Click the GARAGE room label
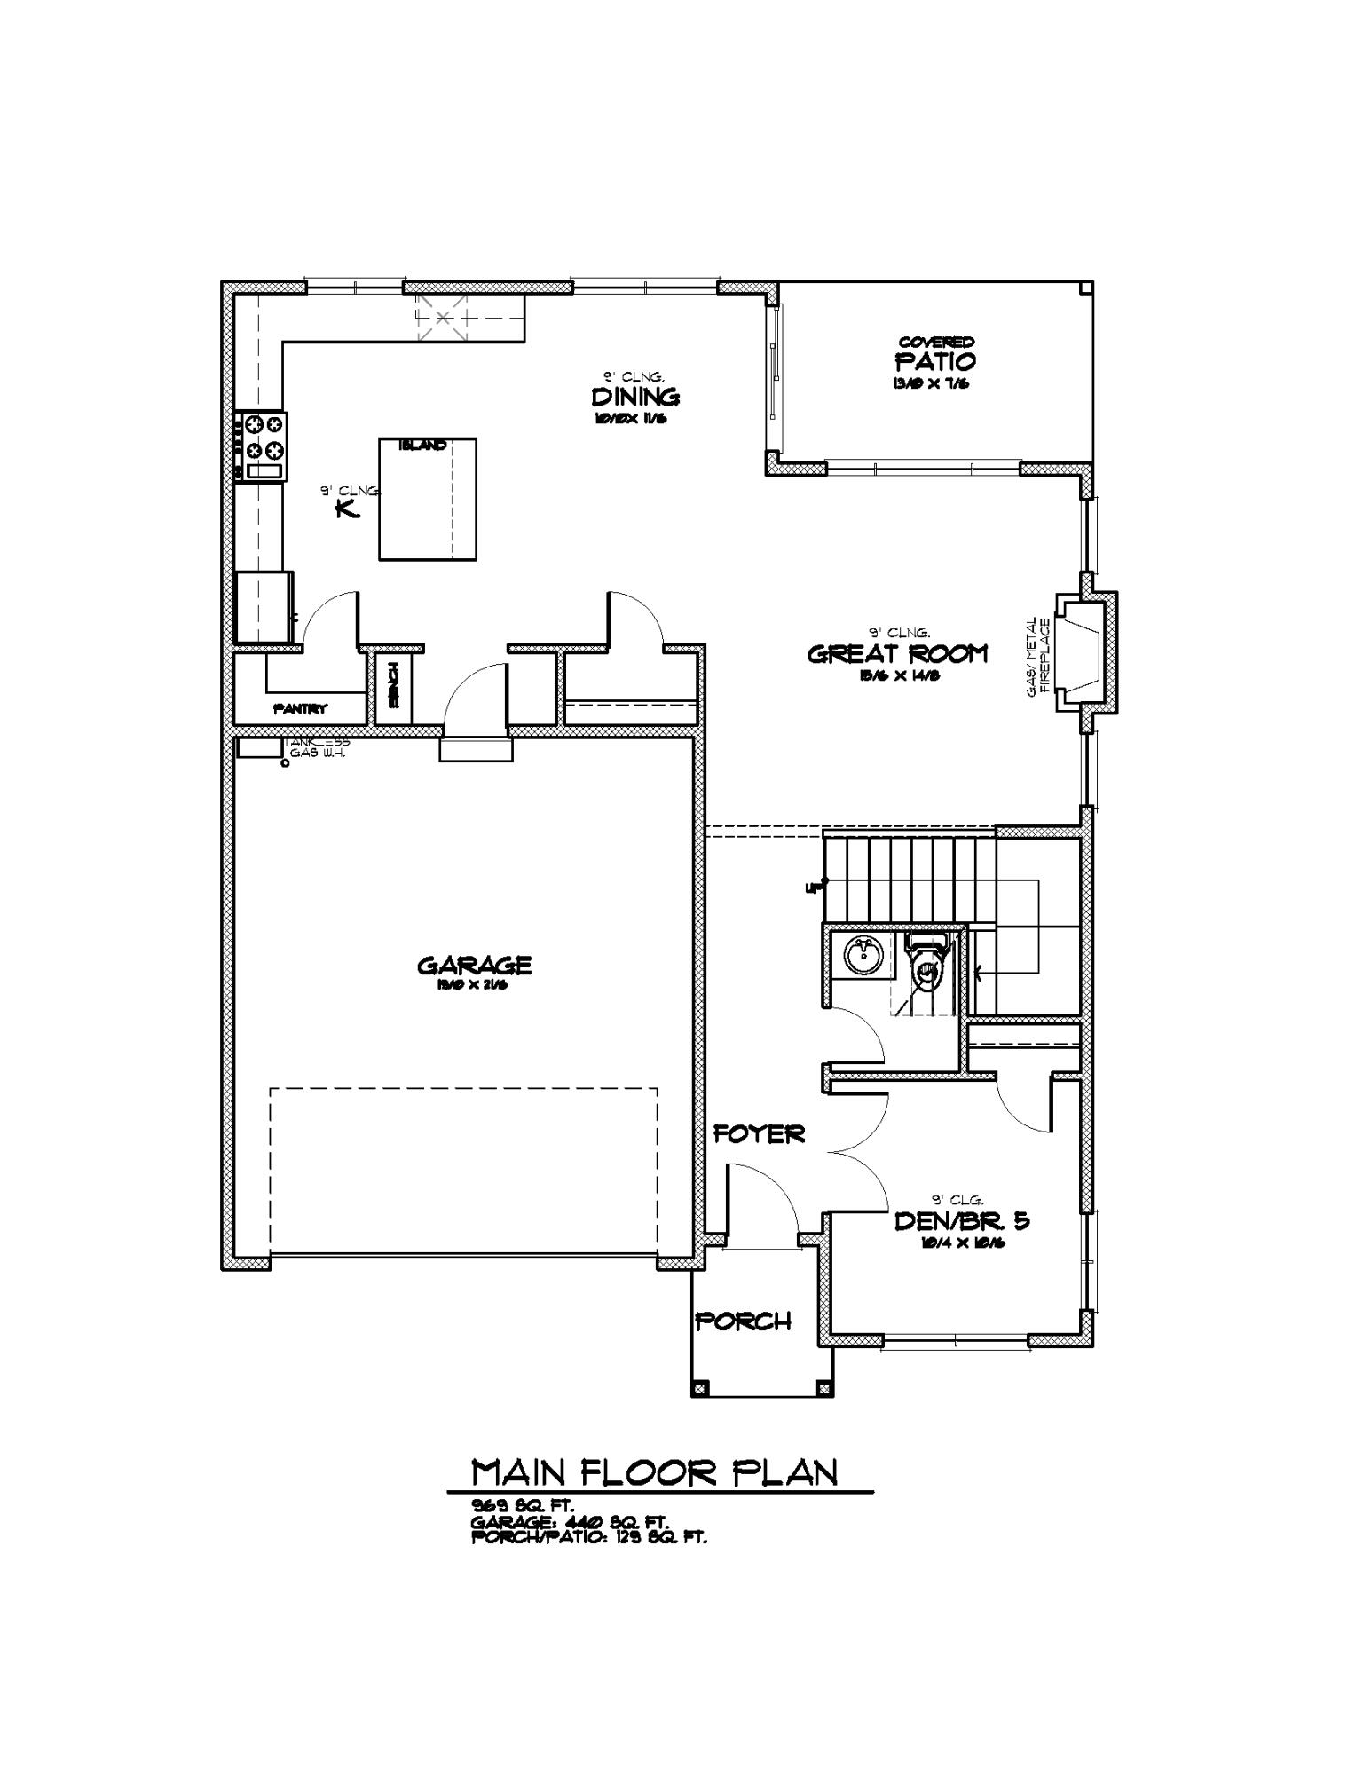(474, 964)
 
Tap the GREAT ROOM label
(896, 654)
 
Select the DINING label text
(635, 396)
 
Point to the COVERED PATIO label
(935, 357)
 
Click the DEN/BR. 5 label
(961, 1220)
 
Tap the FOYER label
(760, 1133)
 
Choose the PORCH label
(743, 1321)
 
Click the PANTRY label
(300, 709)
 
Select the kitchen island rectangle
(428, 500)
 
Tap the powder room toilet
(926, 968)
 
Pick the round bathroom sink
(861, 956)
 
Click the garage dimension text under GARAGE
(474, 984)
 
